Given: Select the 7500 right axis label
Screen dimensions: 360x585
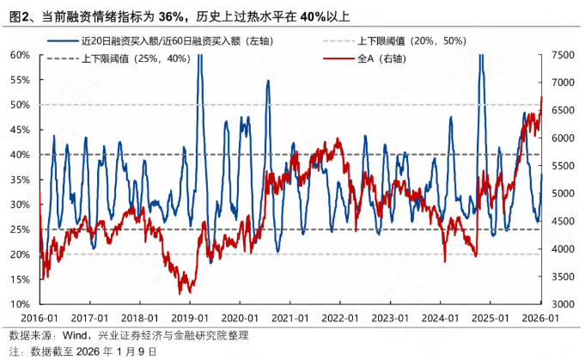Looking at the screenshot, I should (x=563, y=54).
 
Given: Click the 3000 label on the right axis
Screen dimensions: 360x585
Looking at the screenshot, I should (x=563, y=304).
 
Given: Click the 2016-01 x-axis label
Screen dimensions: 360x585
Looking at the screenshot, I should (x=40, y=317).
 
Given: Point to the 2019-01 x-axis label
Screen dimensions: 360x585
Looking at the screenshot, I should (x=190, y=317).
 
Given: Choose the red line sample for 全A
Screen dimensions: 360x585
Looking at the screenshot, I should (x=339, y=60).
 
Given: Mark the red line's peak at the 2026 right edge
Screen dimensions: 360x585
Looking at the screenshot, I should (x=541, y=98).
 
